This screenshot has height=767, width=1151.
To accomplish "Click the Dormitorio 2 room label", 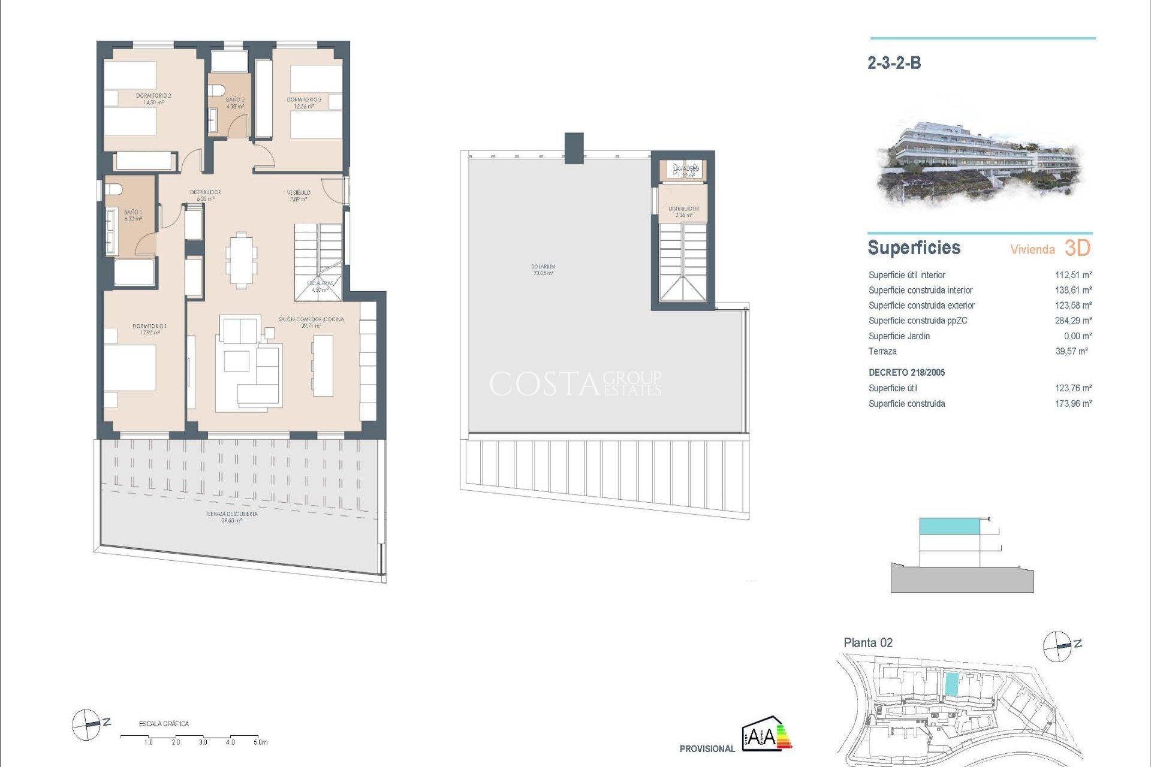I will coord(153,99).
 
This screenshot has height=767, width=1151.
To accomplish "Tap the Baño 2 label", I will coord(235,102).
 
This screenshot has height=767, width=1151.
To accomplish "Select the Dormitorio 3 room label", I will coord(304,102).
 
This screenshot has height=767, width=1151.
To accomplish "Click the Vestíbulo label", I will coord(299,195).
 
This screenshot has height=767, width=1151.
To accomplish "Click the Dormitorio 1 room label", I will coord(149,329).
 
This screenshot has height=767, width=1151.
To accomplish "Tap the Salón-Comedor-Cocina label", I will coord(311,322).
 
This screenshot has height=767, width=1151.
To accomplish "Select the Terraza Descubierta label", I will coord(231,517).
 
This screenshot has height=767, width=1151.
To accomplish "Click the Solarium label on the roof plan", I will coord(543,270).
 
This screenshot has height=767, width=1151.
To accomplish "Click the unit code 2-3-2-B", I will coord(894,63).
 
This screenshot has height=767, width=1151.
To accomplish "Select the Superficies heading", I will coord(914,248).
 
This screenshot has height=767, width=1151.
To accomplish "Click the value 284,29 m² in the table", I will coord(1072,321).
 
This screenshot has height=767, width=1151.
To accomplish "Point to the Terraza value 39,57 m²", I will coord(1071,352).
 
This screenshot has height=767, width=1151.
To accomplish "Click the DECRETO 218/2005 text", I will coord(906,373).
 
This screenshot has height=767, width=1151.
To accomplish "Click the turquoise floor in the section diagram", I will coord(950,526).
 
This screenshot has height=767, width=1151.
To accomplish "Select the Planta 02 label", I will coord(867,643).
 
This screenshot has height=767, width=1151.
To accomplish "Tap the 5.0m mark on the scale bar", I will coord(260,742).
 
